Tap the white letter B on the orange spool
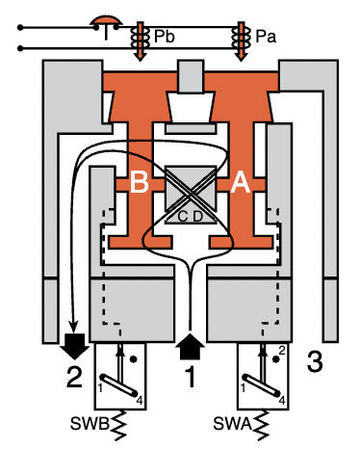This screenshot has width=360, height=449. (x=139, y=186)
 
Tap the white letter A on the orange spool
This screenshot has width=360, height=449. (x=241, y=186)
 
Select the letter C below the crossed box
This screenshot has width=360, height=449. (x=181, y=216)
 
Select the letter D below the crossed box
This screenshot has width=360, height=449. (x=197, y=216)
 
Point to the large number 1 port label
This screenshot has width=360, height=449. (x=190, y=378)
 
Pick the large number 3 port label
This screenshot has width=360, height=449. (x=314, y=363)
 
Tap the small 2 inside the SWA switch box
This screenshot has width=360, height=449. (x=282, y=349)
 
